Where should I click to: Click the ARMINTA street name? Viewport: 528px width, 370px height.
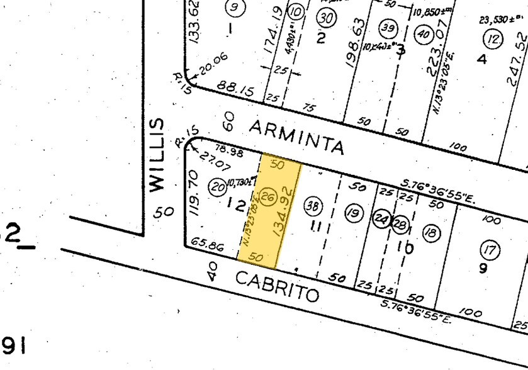tap(296, 138)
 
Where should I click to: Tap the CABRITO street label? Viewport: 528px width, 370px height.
tap(277, 285)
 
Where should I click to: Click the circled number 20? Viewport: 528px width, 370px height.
tap(218, 186)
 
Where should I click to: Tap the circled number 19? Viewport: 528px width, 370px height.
tap(354, 213)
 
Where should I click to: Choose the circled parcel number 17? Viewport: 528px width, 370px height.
tap(489, 250)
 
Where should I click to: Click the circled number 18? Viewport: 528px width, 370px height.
tap(431, 233)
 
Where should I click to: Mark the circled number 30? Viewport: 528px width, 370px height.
tap(325, 18)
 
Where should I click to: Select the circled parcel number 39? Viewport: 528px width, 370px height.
tap(388, 28)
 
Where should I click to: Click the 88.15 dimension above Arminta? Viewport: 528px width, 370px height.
tap(235, 89)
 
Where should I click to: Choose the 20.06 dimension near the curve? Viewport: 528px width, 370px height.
tap(213, 66)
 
